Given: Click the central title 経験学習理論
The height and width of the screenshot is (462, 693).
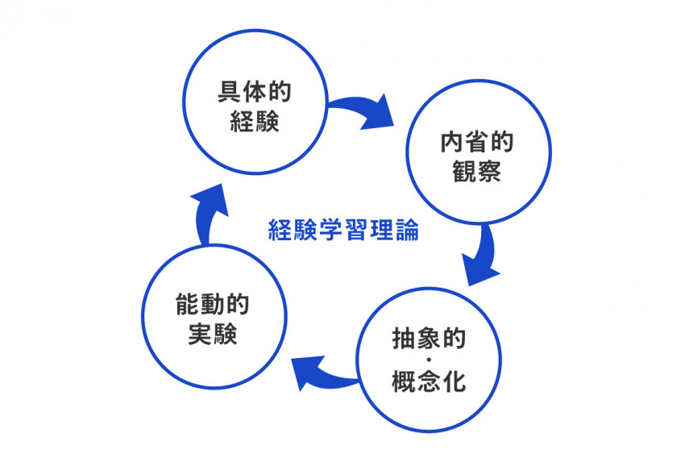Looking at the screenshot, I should click(x=343, y=231).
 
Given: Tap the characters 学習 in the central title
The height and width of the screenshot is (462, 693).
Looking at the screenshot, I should click(x=343, y=231).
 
